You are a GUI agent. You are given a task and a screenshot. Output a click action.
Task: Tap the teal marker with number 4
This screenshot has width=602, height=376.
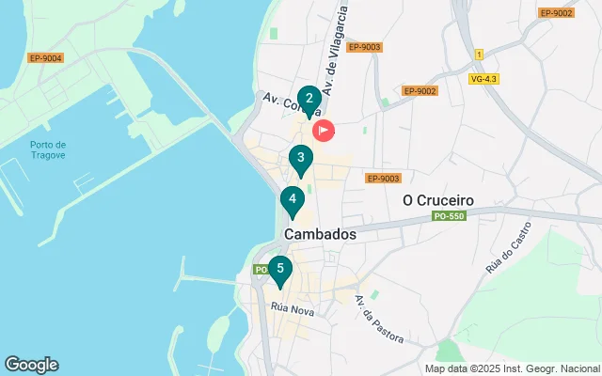pyautogui.click(x=293, y=200)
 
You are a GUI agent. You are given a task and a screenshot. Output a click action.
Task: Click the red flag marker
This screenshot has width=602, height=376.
pyautogui.click(x=323, y=131)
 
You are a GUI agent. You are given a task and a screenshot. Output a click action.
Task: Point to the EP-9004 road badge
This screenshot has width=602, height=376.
pyautogui.click(x=45, y=58)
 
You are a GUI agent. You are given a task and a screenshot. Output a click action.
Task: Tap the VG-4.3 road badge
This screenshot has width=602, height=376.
pyautogui.click(x=483, y=79)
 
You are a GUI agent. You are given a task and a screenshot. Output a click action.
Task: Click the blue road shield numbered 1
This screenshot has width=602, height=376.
pyautogui.click(x=478, y=54)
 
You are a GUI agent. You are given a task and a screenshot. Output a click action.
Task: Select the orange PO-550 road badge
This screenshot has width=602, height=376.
pyautogui.click(x=451, y=217)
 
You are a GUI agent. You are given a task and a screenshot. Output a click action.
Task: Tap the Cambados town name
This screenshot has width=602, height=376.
pyautogui.click(x=320, y=235)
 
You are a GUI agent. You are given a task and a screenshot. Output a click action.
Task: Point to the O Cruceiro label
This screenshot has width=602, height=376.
pyautogui.click(x=437, y=199)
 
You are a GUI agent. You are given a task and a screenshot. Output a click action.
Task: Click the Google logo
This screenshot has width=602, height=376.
pyautogui.click(x=31, y=365)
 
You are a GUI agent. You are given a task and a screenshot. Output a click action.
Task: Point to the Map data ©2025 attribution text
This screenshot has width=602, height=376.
pyautogui.click(x=512, y=368)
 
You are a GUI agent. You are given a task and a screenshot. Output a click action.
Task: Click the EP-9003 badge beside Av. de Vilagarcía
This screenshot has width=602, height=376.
pyautogui.click(x=363, y=47)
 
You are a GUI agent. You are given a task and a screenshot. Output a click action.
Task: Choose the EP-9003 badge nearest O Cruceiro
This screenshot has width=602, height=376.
pyautogui.click(x=383, y=178)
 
